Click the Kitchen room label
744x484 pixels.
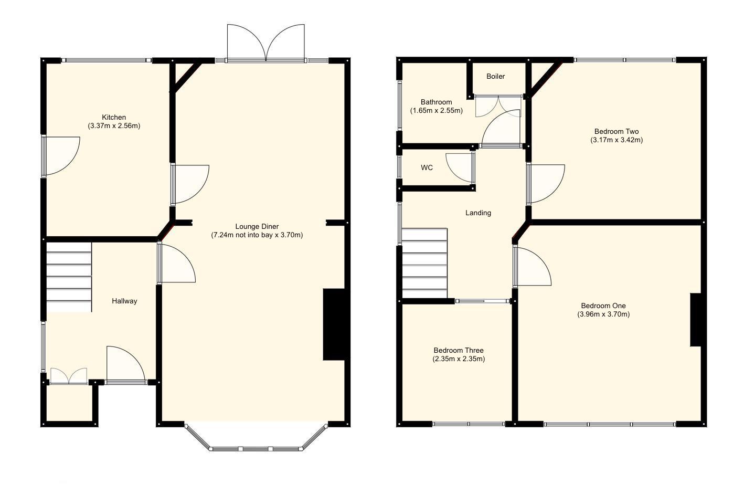pos(114,117)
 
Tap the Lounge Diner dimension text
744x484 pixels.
pos(257,235)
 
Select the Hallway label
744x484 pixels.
pos(124,301)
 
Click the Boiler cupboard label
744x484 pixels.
pos(495,76)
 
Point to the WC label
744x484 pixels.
pos(427,167)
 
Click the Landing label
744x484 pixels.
pos(478,213)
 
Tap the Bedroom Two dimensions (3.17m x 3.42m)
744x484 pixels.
pos(617,140)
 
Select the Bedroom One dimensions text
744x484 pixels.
pos(603,314)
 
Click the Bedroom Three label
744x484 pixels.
pos(459,350)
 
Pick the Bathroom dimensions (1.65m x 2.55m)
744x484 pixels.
pos(436,111)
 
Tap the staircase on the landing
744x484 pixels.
pos(424,263)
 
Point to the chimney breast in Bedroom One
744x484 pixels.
pos(695,320)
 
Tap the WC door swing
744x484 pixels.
pos(459,166)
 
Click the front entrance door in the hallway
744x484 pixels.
pos(125,364)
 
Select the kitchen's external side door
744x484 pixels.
pos(61,155)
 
